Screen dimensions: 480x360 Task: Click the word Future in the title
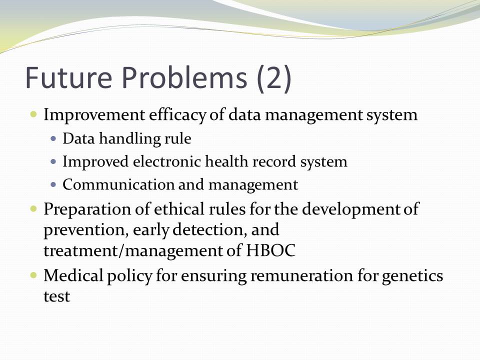[x=69, y=77]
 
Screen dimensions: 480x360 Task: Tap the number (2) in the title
[x=274, y=78]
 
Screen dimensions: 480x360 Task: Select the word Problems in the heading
[x=184, y=77]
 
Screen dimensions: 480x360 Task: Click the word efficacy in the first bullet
[x=177, y=115]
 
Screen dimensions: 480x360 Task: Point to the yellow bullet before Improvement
[x=33, y=115]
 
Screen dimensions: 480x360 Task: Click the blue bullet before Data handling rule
[x=53, y=138]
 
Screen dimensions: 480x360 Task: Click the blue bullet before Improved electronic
[x=53, y=161]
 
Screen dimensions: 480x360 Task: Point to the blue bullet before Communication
[x=53, y=184]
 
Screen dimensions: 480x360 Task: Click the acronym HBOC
[x=270, y=250]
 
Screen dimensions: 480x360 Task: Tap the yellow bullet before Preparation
[x=33, y=209]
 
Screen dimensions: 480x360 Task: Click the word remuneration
[x=301, y=275]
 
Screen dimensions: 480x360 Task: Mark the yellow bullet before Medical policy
[x=33, y=275]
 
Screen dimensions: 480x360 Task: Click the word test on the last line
[x=57, y=296]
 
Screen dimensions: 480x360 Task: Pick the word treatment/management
[x=133, y=250]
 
